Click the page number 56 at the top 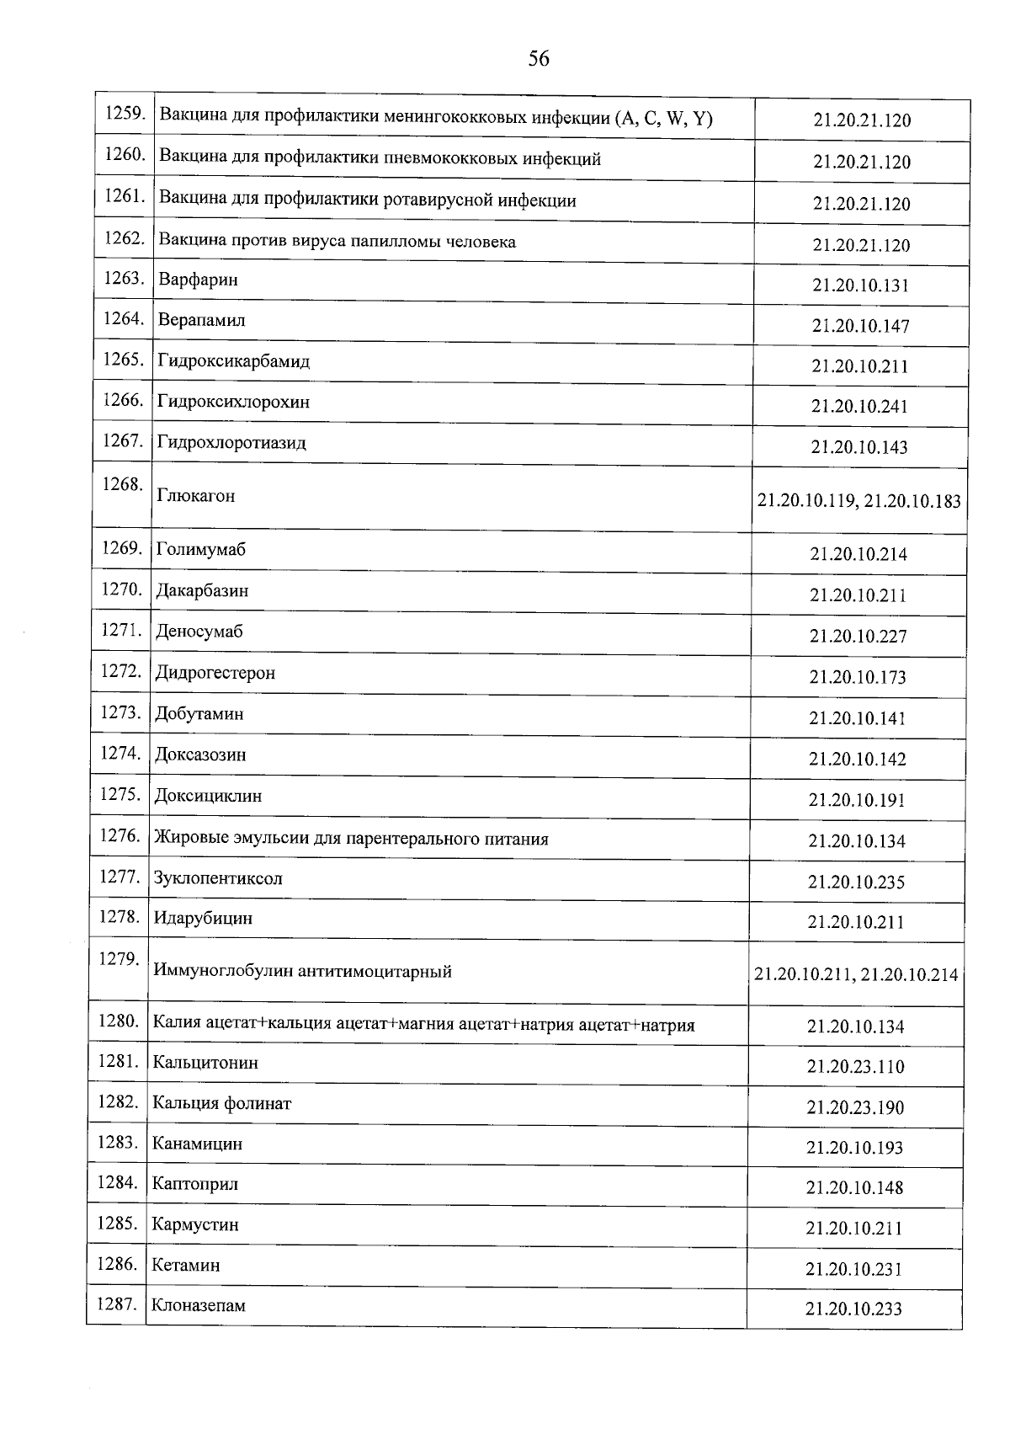(x=539, y=58)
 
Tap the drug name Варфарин (x=198, y=280)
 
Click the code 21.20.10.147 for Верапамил (x=860, y=326)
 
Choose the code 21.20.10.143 (x=859, y=447)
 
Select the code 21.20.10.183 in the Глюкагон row (x=912, y=501)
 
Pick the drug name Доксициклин (x=208, y=796)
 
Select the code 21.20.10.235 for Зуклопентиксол (x=856, y=882)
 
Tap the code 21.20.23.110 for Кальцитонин (x=855, y=1067)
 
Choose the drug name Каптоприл (x=194, y=1184)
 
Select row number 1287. (x=116, y=1304)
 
